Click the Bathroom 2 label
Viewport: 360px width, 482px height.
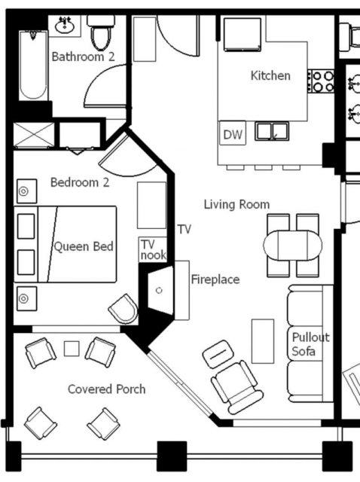click(83, 56)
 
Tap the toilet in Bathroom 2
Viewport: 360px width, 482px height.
click(101, 33)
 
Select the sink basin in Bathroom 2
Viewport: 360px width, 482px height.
click(65, 26)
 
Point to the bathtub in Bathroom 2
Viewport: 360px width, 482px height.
click(33, 66)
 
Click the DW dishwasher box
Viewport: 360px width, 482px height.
click(233, 134)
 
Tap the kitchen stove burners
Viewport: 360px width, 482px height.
click(321, 81)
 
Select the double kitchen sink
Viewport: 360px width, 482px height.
click(272, 131)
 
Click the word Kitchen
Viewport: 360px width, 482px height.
click(270, 75)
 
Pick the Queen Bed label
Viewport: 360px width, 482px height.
click(84, 246)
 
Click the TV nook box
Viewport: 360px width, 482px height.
click(153, 249)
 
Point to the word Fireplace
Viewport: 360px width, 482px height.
click(215, 279)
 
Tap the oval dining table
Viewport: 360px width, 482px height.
click(293, 246)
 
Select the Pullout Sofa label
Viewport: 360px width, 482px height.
click(310, 344)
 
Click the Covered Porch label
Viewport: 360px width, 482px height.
click(106, 389)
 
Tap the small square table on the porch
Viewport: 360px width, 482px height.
click(72, 349)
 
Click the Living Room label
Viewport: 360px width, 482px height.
click(236, 204)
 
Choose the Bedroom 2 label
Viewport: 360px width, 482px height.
click(80, 182)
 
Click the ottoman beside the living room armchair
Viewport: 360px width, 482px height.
click(218, 354)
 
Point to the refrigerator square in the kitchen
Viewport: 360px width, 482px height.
click(243, 35)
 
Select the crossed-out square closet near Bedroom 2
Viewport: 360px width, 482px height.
click(34, 135)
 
